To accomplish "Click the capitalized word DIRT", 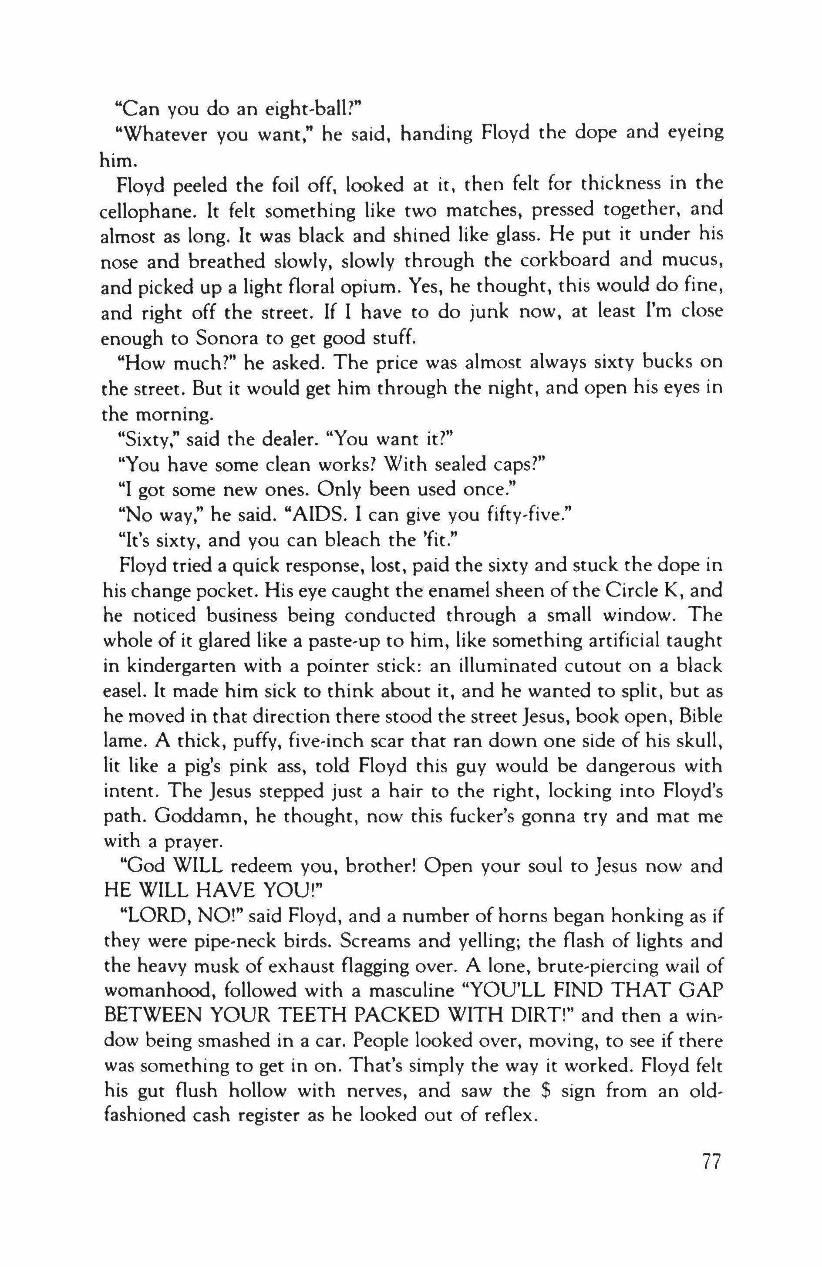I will [536, 1016].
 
